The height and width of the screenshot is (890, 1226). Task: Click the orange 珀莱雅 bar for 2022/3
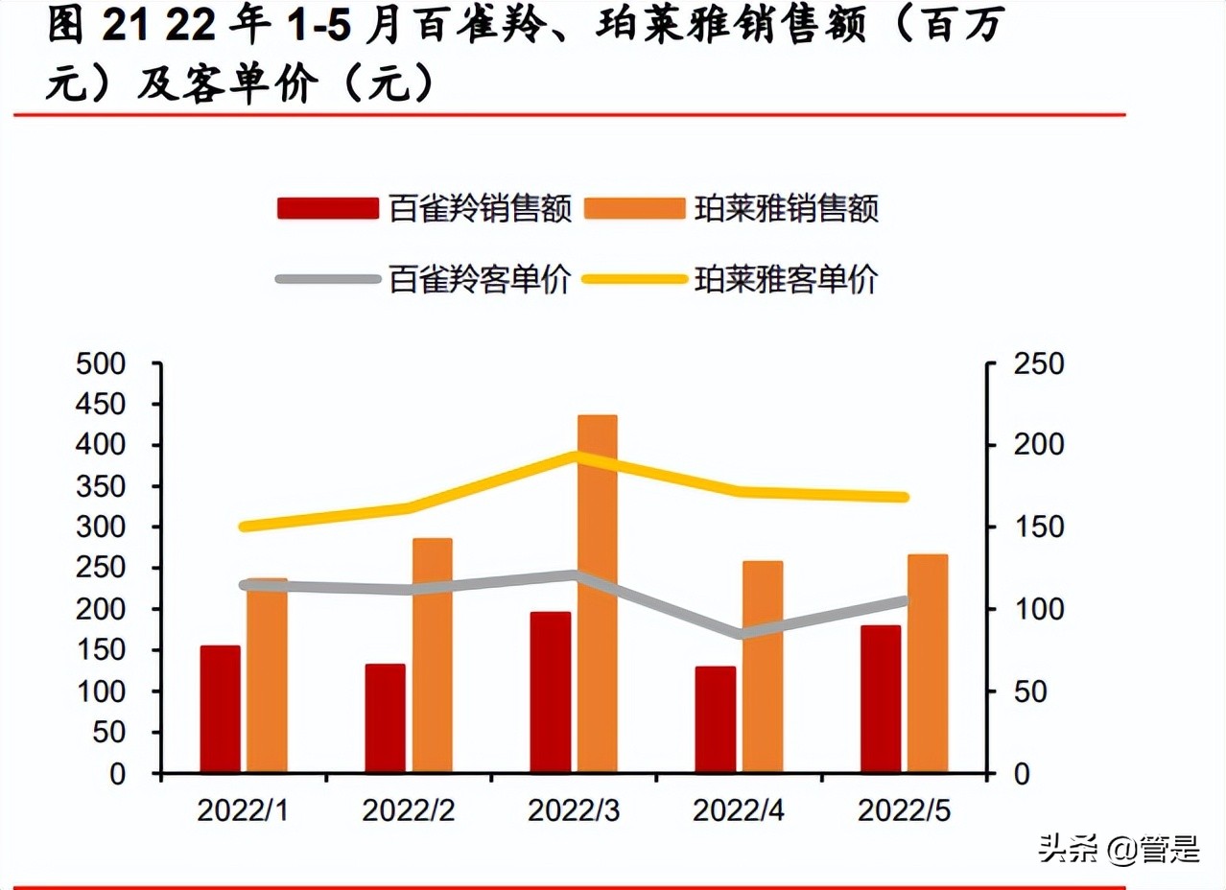tap(598, 595)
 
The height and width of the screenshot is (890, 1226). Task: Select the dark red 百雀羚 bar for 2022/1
tap(220, 710)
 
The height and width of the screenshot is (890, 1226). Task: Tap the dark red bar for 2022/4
tap(716, 719)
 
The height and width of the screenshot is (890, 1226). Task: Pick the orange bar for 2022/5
tap(928, 664)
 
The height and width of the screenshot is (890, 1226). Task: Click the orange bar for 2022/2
tap(433, 655)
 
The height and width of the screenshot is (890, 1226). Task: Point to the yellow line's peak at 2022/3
tap(576, 457)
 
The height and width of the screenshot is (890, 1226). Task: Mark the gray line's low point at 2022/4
tap(741, 634)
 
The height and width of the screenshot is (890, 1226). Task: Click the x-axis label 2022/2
tap(408, 811)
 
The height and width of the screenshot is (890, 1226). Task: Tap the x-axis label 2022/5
tap(904, 811)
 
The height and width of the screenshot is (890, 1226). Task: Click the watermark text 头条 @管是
tap(1119, 848)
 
